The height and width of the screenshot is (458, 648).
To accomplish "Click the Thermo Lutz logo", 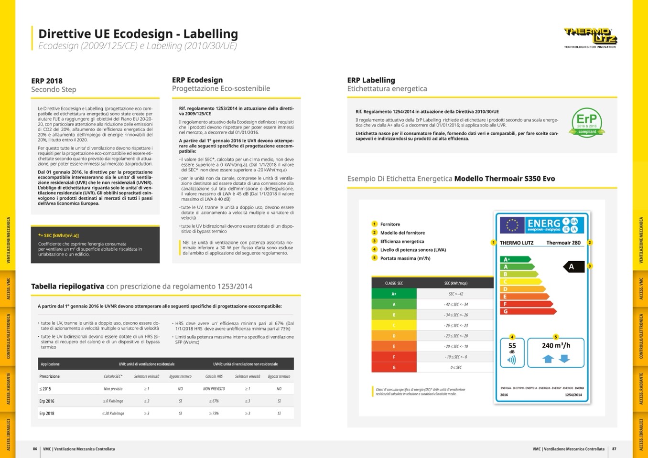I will pos(590,36).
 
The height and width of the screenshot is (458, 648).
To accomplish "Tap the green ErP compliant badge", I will pos(587,123).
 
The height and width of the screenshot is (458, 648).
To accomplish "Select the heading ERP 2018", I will pos(47,81).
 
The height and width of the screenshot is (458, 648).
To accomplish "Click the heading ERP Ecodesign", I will pos(197,80).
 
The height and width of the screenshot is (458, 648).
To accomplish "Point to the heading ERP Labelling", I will pos(371,80).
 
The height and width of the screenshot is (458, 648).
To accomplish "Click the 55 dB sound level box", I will pos(512,352).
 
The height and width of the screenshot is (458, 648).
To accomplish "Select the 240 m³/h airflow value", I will pos(556,345).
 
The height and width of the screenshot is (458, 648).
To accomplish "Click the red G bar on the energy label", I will pos(528,311).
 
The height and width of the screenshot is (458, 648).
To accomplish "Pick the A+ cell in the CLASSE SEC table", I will pos(394,294).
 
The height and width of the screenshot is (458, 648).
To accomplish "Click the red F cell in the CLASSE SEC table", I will pos(394,357).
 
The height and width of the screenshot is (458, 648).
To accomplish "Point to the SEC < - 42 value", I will pos(455,294).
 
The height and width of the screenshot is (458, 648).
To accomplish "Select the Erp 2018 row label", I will pos(47,413).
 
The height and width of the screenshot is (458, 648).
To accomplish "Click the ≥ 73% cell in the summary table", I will pos(214,413).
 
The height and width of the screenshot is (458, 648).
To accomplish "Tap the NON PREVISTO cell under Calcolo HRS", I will pos(214,389).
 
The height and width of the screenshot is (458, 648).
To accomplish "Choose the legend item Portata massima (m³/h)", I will pos(405,258).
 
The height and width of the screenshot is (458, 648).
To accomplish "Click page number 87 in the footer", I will pos(614,449).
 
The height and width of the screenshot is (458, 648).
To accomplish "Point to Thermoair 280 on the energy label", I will pos(563,243).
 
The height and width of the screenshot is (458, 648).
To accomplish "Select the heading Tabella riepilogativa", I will pos(67,286).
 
